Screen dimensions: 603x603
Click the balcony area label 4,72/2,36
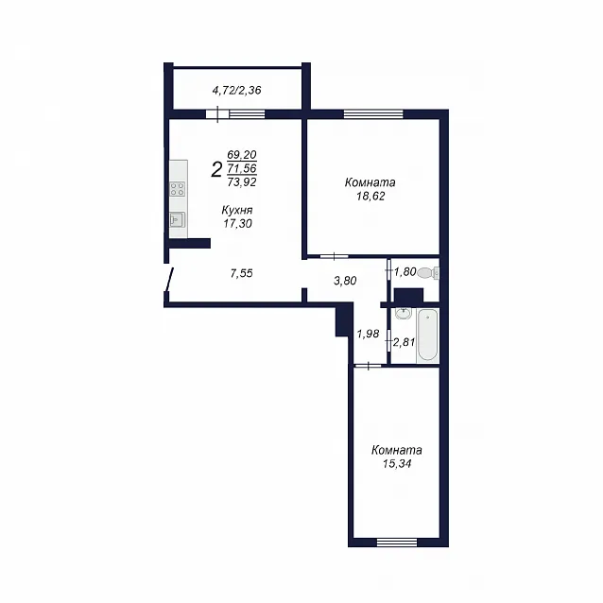(236, 91)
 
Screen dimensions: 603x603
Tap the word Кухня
(237, 211)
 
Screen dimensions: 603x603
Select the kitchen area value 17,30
(237, 223)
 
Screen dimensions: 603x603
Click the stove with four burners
(178, 189)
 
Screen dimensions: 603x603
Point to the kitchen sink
(178, 219)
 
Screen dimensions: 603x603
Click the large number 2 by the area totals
(216, 169)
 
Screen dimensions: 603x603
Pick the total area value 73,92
(242, 181)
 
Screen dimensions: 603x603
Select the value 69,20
(242, 155)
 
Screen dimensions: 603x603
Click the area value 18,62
(370, 197)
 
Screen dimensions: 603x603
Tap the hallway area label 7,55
(242, 273)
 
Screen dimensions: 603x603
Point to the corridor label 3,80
(345, 281)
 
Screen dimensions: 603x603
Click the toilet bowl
(428, 272)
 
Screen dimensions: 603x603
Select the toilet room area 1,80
(405, 272)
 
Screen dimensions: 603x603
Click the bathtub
(427, 336)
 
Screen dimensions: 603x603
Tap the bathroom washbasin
(403, 314)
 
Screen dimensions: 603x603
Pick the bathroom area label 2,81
(404, 342)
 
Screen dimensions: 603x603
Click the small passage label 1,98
(368, 334)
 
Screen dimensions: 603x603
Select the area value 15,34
(397, 464)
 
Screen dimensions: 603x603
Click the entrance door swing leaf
(169, 280)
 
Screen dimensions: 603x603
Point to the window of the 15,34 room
(397, 543)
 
